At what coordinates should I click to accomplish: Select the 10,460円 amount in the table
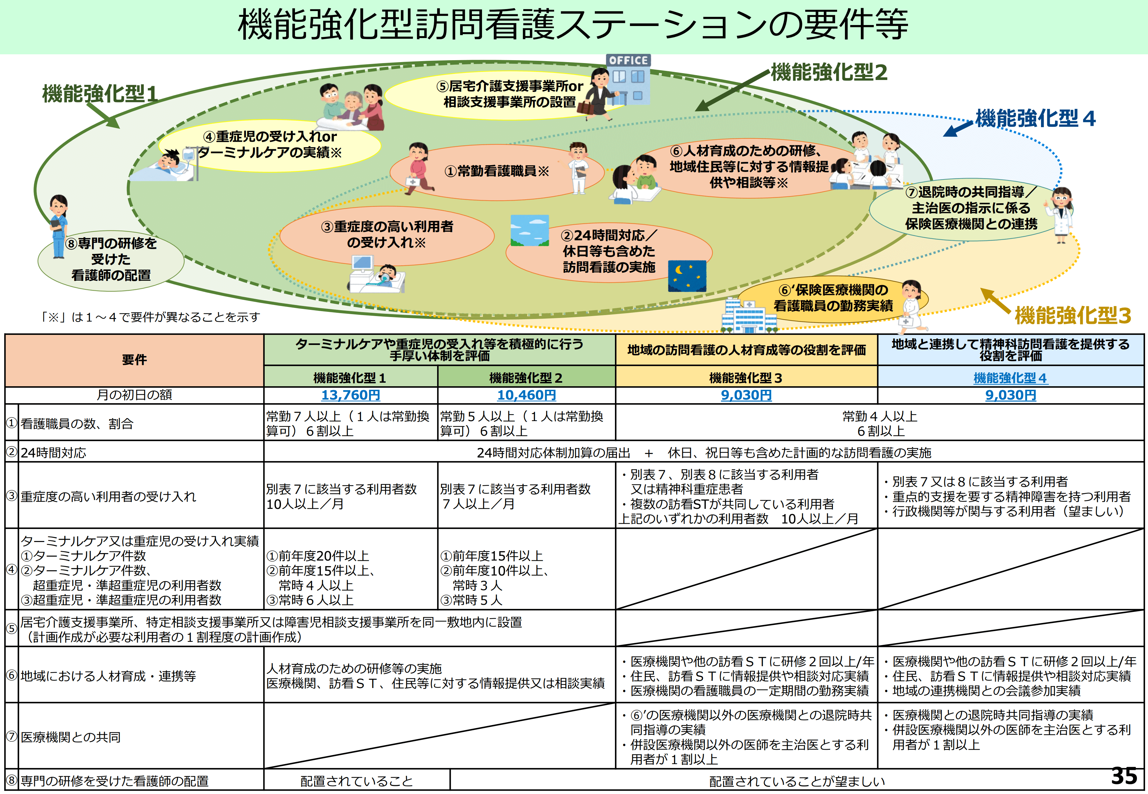coord(527,395)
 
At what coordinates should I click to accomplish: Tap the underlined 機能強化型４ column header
coord(1010,378)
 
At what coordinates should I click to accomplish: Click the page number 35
coord(1124,776)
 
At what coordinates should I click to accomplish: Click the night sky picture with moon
coord(687,276)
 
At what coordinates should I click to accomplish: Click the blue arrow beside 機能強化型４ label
coord(957,129)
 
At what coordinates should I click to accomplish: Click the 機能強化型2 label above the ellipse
coord(829,73)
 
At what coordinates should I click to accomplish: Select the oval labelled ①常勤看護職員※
coord(497,172)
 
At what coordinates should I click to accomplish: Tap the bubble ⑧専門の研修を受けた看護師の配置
coord(111,260)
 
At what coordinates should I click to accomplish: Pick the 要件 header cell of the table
coord(134,360)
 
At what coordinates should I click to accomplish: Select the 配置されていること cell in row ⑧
coord(356,781)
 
